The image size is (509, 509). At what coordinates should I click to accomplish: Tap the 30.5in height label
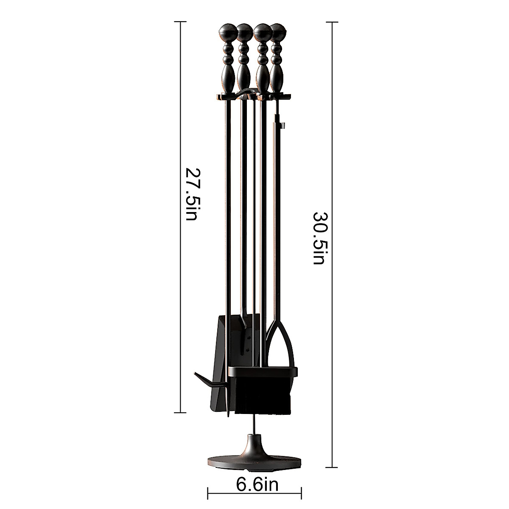319,238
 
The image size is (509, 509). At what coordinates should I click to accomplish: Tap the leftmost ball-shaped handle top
225,31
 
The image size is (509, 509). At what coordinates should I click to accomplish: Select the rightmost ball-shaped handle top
278,31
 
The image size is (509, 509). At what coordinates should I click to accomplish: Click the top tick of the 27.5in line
181,22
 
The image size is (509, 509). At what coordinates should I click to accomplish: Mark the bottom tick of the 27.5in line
181,412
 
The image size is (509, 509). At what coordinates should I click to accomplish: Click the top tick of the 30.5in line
332,22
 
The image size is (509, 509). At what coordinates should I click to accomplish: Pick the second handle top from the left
243,31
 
